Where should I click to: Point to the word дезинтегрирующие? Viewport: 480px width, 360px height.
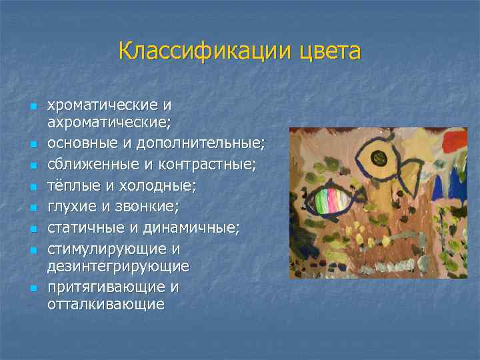coord(118,266)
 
